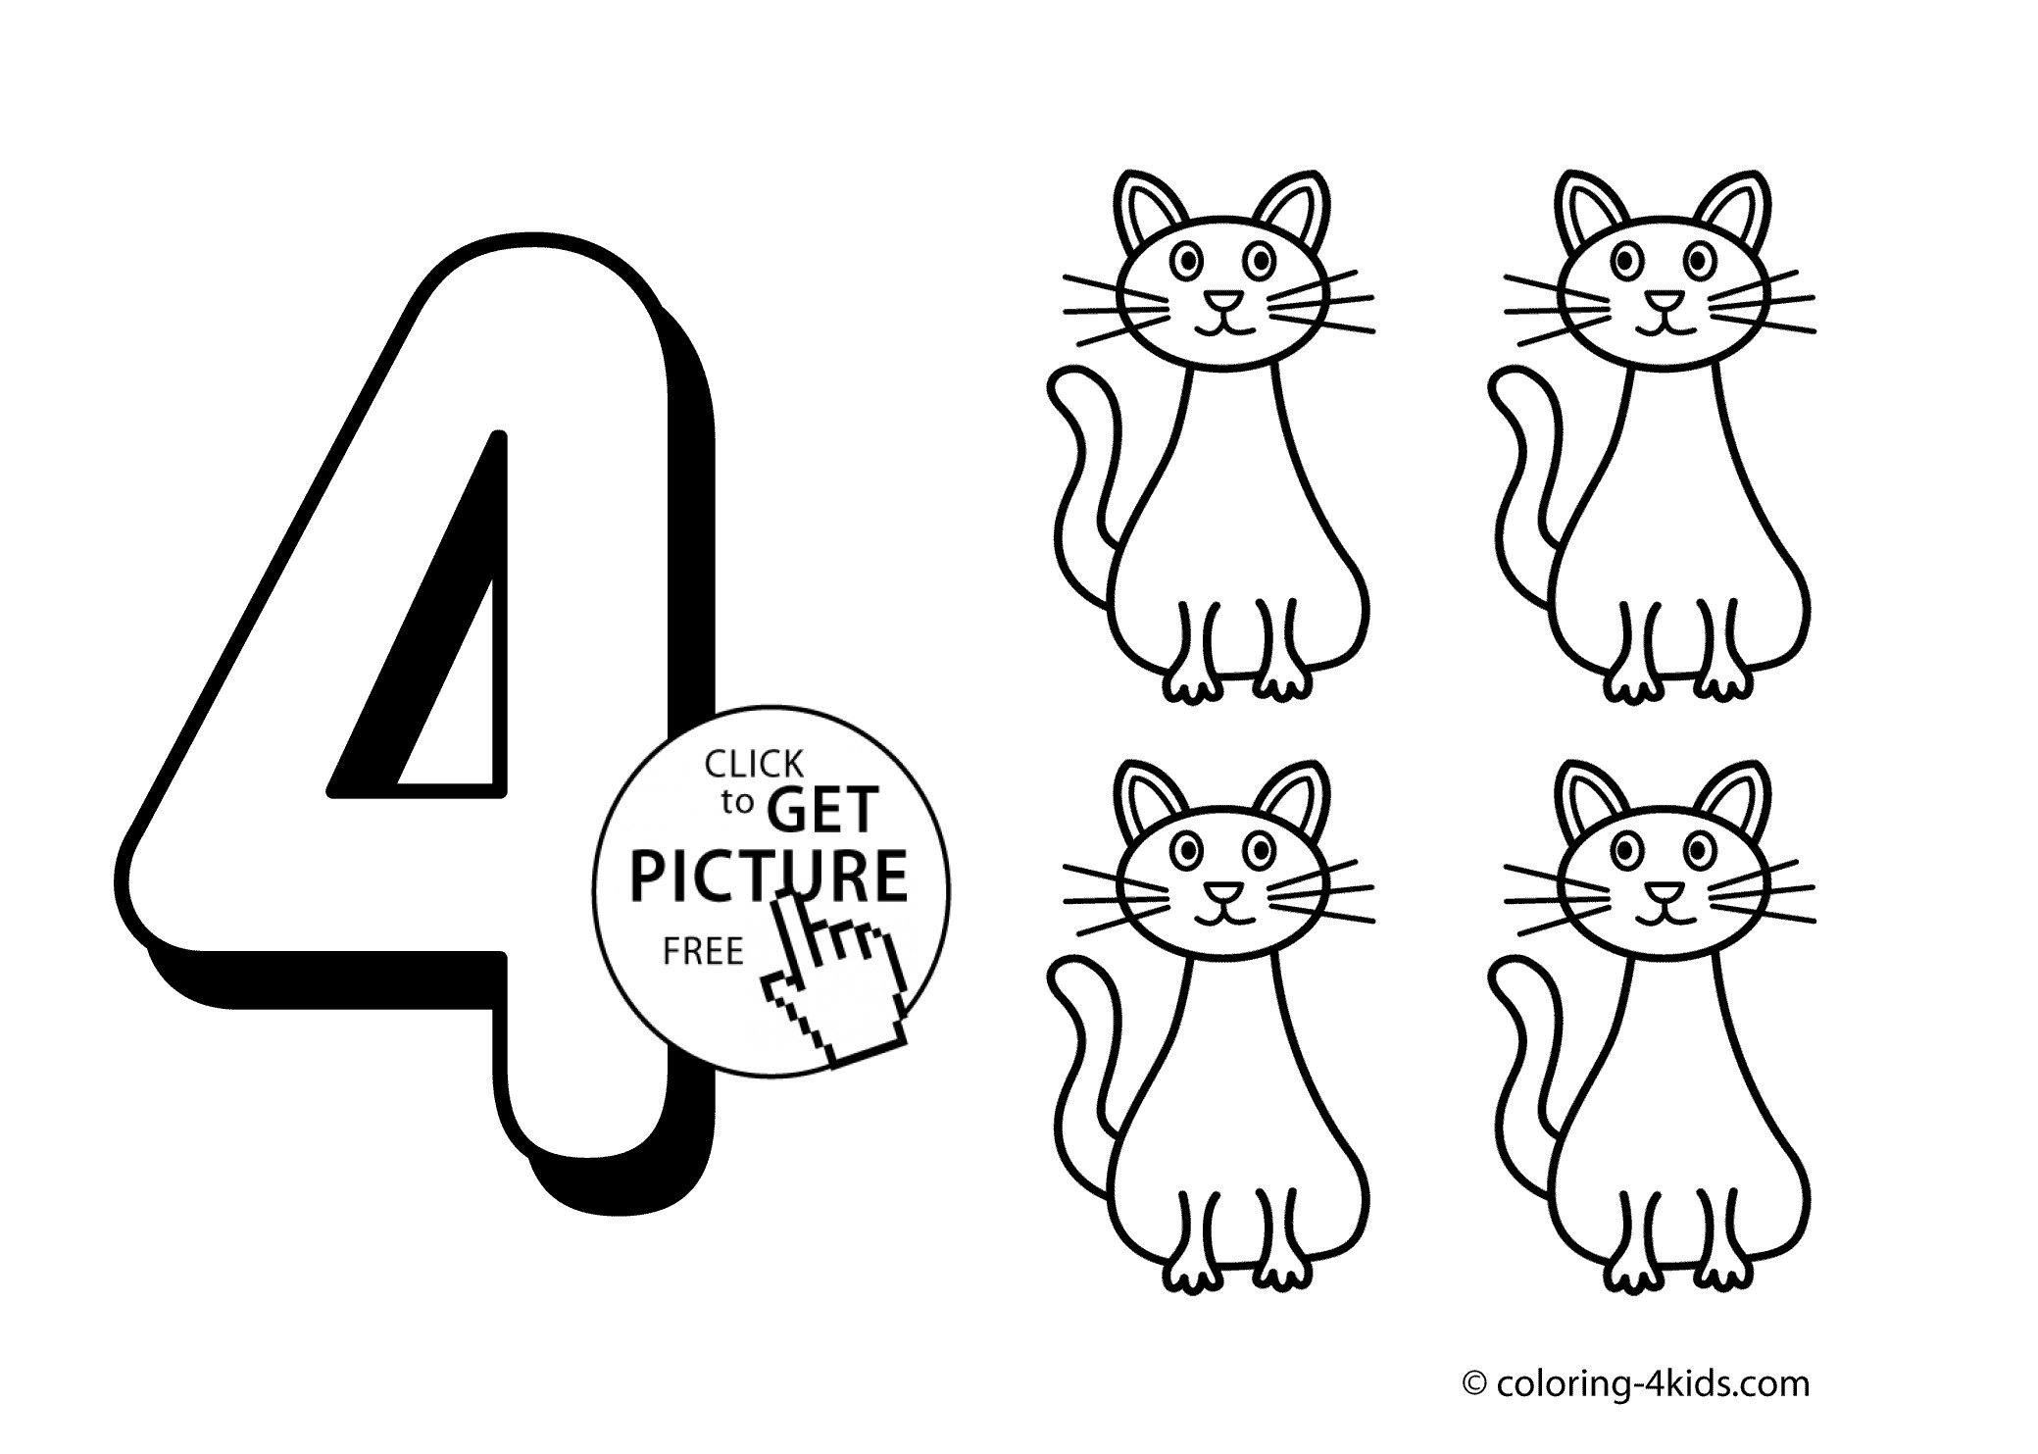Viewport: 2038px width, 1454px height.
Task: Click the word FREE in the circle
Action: [x=703, y=951]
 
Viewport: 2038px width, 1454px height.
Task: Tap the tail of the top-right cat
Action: [x=1515, y=490]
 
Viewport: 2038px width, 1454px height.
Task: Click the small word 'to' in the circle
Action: [x=737, y=803]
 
